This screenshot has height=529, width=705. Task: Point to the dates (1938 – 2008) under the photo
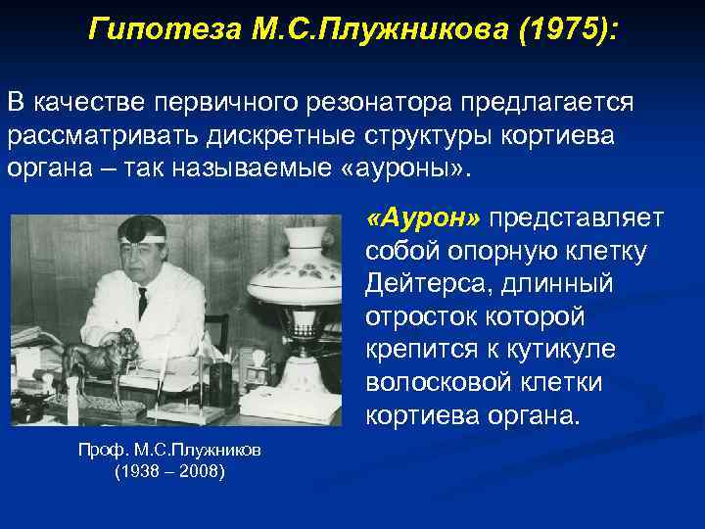tap(169, 470)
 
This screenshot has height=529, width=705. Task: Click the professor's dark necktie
tap(143, 303)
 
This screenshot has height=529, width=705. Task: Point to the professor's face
tap(142, 259)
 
